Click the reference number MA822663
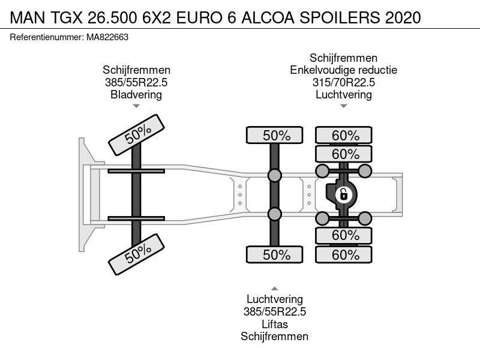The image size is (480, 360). click(x=107, y=37)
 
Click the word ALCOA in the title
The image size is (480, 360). click(x=268, y=17)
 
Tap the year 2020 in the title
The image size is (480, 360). click(x=403, y=17)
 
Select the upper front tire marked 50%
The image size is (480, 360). click(x=137, y=135)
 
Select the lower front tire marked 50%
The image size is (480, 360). click(x=137, y=254)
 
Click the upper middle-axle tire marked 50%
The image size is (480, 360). click(x=275, y=135)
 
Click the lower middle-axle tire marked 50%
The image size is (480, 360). click(x=275, y=254)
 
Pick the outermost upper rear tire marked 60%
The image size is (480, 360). click(x=344, y=135)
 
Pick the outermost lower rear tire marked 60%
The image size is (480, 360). click(x=344, y=254)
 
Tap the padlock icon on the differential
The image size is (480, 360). click(x=343, y=194)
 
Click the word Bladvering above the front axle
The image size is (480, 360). click(x=136, y=95)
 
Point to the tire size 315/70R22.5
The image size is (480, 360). click(x=344, y=82)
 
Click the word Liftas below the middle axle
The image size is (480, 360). click(x=275, y=324)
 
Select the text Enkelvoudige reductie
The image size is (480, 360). click(x=343, y=70)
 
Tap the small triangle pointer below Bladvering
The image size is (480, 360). click(x=136, y=106)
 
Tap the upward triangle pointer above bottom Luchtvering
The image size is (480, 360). click(x=275, y=289)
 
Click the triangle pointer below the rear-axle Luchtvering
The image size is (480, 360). click(x=344, y=106)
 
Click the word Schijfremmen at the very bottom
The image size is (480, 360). click(x=275, y=337)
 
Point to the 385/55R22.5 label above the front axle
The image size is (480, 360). click(x=136, y=82)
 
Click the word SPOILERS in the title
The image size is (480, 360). click(x=339, y=17)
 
